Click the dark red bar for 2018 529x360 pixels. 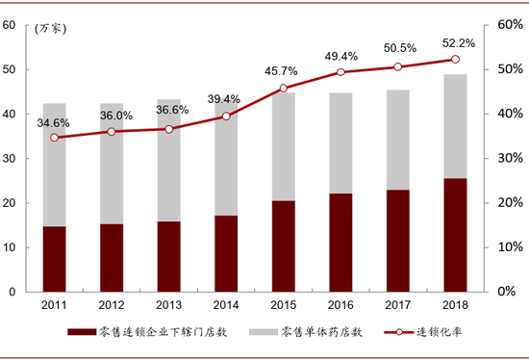click(x=455, y=235)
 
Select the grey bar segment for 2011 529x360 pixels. click(x=54, y=165)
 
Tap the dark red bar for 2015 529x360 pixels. click(x=283, y=245)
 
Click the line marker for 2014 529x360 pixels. click(x=226, y=116)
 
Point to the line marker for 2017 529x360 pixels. click(x=398, y=67)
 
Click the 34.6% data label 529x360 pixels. click(x=54, y=123)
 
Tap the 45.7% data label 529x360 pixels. click(x=283, y=71)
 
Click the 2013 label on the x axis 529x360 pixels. click(x=168, y=305)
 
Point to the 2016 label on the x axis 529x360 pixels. click(x=340, y=305)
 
